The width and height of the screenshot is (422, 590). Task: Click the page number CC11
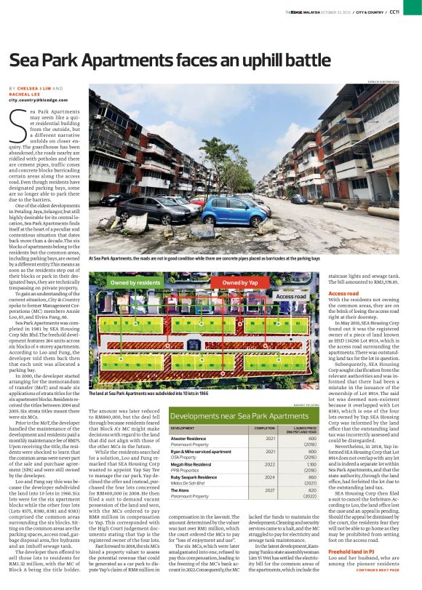413,12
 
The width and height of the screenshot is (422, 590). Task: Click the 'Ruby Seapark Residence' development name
195,496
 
